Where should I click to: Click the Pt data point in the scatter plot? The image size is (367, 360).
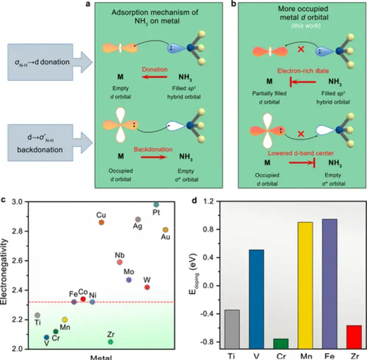(x=156, y=204)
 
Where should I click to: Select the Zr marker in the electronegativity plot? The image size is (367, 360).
(x=111, y=342)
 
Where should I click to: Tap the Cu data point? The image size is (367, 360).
(x=101, y=223)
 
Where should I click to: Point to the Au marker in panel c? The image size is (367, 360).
(x=165, y=230)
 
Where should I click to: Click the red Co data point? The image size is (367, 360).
(x=83, y=299)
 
